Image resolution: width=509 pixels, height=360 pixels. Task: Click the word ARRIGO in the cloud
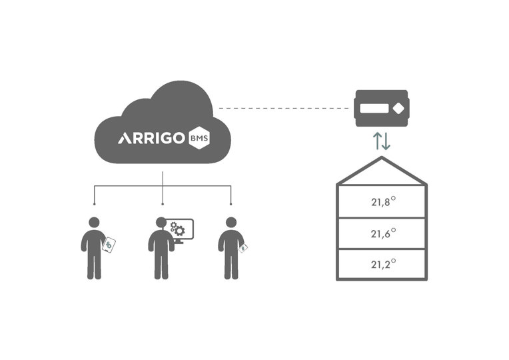(x=151, y=138)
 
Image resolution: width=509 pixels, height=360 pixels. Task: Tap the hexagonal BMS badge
(x=199, y=138)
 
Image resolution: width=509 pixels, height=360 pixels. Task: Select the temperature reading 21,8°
(x=383, y=201)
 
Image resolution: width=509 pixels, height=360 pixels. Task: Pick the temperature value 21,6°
(x=383, y=233)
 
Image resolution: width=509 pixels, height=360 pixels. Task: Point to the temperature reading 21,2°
(x=383, y=264)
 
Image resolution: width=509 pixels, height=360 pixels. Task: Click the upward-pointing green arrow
(x=378, y=141)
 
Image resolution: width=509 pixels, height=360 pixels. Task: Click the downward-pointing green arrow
(x=386, y=141)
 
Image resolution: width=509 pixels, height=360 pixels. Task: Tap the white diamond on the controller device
(x=398, y=109)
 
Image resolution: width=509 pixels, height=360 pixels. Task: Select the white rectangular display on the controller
(x=374, y=109)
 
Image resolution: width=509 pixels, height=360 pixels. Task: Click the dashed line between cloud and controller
(x=283, y=108)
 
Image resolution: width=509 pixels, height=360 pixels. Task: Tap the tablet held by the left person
(x=109, y=245)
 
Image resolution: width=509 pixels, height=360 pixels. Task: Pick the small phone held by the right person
(x=243, y=248)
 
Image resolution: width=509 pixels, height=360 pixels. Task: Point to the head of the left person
(x=94, y=223)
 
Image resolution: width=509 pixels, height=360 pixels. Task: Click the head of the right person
(x=231, y=223)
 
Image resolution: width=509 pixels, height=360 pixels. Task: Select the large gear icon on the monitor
(x=179, y=231)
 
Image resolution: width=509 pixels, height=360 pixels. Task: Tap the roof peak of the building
(x=382, y=158)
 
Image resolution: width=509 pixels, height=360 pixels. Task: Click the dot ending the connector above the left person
(x=94, y=204)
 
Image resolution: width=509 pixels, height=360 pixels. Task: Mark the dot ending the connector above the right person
(x=231, y=204)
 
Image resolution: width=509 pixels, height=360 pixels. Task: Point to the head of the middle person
(x=161, y=223)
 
